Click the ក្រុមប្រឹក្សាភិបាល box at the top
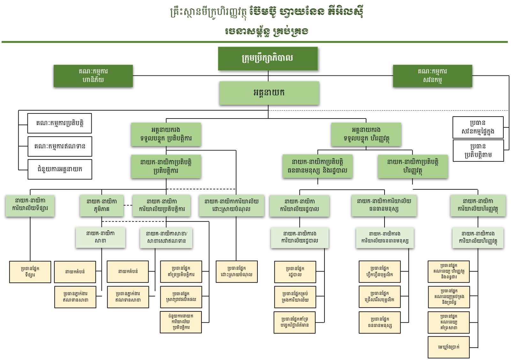click(x=268, y=58)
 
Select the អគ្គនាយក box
click(x=269, y=93)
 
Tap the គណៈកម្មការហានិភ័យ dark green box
click(x=93, y=76)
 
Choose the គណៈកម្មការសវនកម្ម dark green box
click(x=432, y=76)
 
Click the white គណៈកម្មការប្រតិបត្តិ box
click(x=59, y=123)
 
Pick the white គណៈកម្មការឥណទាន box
click(x=60, y=146)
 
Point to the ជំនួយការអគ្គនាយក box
click(x=60, y=169)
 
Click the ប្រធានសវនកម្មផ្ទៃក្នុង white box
click(x=478, y=127)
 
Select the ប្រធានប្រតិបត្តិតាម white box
click(x=478, y=150)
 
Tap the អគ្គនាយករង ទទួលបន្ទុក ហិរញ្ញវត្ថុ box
click(x=366, y=134)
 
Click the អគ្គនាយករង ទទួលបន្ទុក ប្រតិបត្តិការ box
click(x=166, y=134)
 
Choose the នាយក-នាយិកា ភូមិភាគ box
click(x=102, y=205)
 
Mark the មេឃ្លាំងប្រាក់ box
click(x=448, y=347)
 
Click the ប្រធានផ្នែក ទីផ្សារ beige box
click(x=30, y=272)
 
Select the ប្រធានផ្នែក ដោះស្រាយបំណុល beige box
click(x=236, y=272)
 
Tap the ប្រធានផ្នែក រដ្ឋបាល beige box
click(x=295, y=272)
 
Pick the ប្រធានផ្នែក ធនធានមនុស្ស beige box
click(x=379, y=323)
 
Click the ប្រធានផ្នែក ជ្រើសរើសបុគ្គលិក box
click(x=379, y=297)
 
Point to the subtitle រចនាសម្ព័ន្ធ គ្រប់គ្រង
click(x=266, y=31)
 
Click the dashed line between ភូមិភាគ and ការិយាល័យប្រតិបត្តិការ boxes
click(x=128, y=205)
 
